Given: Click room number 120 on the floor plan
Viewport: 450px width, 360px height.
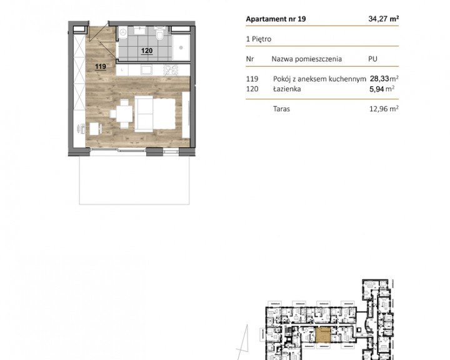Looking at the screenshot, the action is [147, 51].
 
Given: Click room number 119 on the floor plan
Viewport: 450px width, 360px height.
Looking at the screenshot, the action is [101, 67].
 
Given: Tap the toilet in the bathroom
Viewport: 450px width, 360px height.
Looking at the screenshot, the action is [159, 34].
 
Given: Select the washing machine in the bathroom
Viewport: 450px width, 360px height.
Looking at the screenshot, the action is [123, 32].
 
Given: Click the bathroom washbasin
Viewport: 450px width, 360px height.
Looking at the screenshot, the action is [141, 30].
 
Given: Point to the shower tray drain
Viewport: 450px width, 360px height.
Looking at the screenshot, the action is [181, 48].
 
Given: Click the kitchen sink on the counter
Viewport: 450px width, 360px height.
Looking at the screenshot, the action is [146, 70].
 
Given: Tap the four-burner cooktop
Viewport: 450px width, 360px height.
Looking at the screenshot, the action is [171, 70].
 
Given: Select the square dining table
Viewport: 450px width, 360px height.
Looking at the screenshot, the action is [124, 114].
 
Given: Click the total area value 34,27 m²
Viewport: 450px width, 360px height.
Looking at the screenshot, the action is [383, 19].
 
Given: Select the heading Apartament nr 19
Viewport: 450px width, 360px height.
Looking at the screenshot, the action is [276, 19].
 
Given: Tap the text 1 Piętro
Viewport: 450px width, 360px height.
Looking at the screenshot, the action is [259, 39].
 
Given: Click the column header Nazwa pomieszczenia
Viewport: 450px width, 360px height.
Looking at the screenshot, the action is [306, 59].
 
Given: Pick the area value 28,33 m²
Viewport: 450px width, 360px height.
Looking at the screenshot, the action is [384, 78].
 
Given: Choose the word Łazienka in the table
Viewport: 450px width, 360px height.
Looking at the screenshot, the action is [287, 89].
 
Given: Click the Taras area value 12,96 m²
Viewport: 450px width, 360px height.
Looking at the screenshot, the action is [384, 109].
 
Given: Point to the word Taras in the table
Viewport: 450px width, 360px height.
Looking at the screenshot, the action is [281, 109].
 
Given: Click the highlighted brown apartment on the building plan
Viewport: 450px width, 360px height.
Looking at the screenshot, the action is [323, 335].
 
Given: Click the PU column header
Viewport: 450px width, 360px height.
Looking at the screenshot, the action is [372, 59].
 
